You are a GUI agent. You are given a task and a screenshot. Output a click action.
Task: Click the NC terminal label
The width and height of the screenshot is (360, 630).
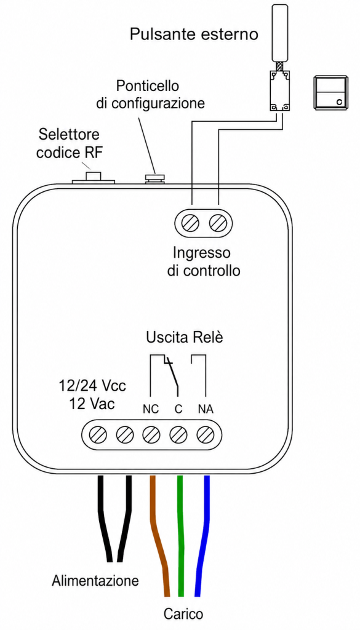[x=151, y=409]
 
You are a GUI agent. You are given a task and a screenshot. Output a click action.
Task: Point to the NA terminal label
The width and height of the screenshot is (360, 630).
[x=206, y=409]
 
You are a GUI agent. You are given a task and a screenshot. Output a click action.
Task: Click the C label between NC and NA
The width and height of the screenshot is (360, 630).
[x=178, y=409]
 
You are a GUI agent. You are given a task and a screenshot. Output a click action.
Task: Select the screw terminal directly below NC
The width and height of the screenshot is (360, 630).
[x=151, y=434]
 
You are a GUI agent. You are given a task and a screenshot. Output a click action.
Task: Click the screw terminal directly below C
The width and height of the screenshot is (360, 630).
[x=178, y=434]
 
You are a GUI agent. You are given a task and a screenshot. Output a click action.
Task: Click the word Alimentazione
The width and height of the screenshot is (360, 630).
[x=95, y=580]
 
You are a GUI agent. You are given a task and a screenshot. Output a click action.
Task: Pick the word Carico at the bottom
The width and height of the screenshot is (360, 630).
[x=183, y=614]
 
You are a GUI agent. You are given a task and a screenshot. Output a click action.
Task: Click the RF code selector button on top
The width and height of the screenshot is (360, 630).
[x=94, y=177]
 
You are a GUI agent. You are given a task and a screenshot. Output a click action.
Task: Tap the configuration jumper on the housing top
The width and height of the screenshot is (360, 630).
[x=154, y=179]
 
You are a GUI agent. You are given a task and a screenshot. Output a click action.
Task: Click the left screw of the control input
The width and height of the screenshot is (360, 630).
[x=190, y=222]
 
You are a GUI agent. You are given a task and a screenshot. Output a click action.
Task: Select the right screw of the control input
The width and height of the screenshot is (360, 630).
[x=218, y=222]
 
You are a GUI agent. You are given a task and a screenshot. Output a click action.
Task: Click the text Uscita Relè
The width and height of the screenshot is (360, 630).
[x=185, y=337]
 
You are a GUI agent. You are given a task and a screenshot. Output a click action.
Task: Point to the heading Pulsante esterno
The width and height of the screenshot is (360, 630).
[x=194, y=34]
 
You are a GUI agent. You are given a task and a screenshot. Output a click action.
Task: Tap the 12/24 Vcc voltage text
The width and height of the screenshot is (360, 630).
[x=92, y=386]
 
